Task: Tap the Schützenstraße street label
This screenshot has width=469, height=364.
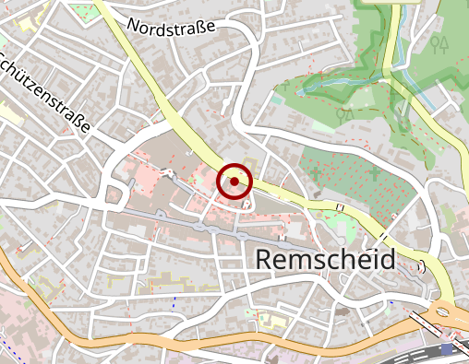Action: (x=44, y=92)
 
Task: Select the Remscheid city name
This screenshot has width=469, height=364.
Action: (x=323, y=260)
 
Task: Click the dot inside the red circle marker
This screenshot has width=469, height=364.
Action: (x=234, y=182)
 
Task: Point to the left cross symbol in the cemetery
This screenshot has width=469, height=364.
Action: (x=317, y=172)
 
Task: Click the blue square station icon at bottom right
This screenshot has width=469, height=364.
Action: (x=448, y=349)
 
